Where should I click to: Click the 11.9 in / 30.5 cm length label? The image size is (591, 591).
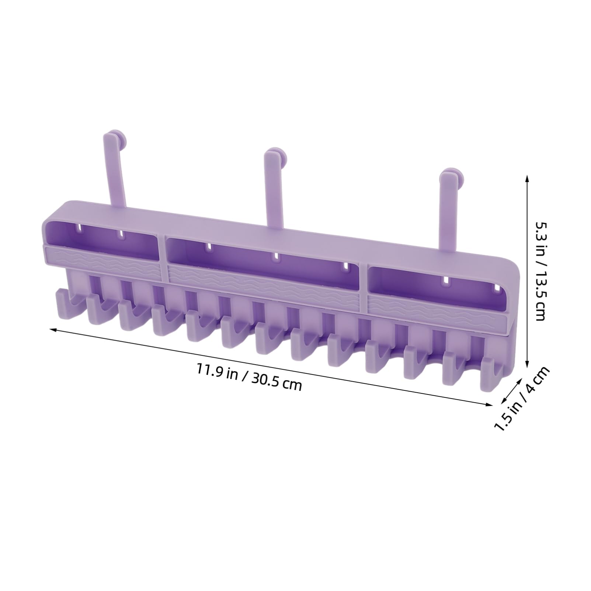(249, 376)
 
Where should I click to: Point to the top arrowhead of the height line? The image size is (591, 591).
(528, 178)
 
